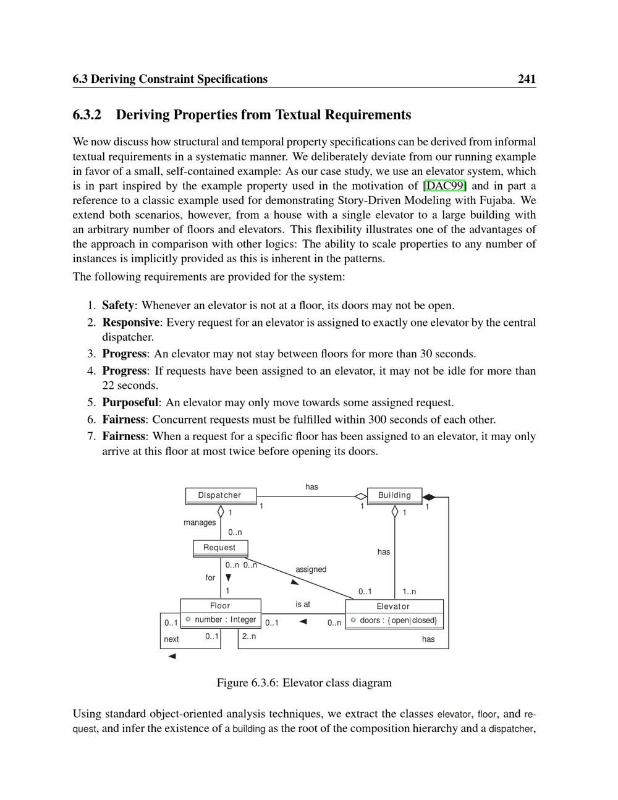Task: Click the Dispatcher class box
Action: click(x=221, y=495)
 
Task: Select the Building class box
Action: click(x=394, y=495)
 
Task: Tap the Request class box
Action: click(x=220, y=548)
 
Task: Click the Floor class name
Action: click(x=220, y=606)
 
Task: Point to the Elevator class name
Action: click(x=394, y=606)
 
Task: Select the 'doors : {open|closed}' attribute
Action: click(x=398, y=620)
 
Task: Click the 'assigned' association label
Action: click(x=311, y=569)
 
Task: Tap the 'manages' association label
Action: click(x=200, y=522)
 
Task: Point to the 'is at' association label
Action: click(x=303, y=604)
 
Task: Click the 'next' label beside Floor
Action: click(x=171, y=639)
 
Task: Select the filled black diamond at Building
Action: click(x=430, y=497)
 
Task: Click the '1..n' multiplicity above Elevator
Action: click(x=409, y=592)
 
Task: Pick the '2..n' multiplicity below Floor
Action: click(x=248, y=636)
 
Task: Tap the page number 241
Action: click(x=527, y=79)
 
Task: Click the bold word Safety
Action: click(x=117, y=305)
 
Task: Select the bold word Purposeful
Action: click(x=130, y=402)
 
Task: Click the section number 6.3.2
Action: click(x=87, y=115)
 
